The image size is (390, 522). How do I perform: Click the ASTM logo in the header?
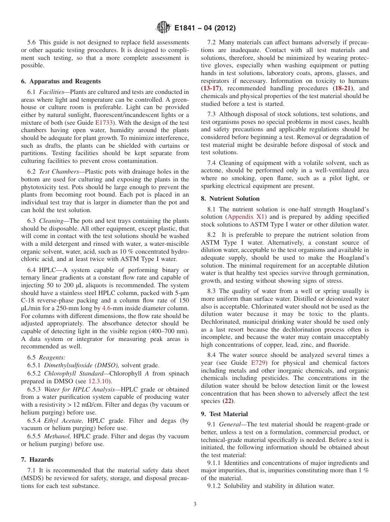[x=164, y=28]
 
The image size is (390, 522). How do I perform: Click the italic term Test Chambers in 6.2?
[x=57, y=172]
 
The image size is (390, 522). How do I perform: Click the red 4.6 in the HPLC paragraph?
[x=107, y=308]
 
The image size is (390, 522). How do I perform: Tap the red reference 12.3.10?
[x=98, y=381]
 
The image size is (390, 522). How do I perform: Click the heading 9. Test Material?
[x=226, y=414]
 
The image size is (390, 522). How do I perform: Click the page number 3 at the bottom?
[x=195, y=504]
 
